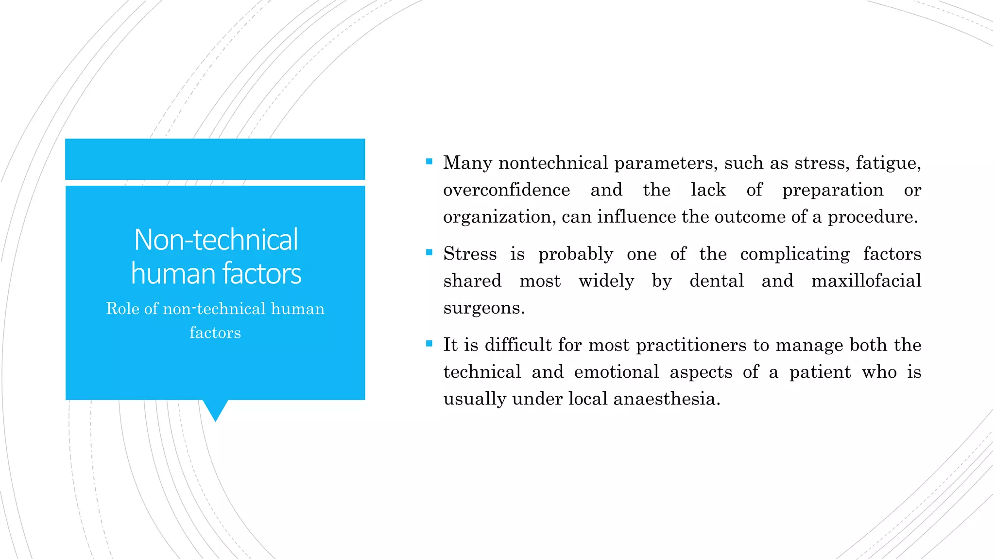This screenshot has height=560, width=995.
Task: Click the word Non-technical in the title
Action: pos(216,240)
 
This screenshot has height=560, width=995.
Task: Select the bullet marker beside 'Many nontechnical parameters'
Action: pos(429,161)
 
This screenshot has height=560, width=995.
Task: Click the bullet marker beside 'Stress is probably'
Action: pos(429,252)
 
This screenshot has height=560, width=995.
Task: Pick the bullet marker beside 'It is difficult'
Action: pos(429,344)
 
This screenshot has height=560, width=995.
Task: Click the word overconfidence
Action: pos(506,190)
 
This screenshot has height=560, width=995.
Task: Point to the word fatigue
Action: pos(888,163)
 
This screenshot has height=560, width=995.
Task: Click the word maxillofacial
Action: pos(866,281)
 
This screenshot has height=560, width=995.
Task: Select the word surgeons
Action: pos(483,308)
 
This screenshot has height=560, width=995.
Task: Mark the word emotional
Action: pos(616,372)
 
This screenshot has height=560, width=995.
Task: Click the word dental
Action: pos(717,281)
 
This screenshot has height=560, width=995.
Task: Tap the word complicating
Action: pos(795,254)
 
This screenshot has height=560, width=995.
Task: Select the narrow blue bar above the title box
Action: pos(215,159)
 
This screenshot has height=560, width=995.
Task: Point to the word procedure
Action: pos(872,217)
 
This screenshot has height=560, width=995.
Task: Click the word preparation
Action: pos(833,190)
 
